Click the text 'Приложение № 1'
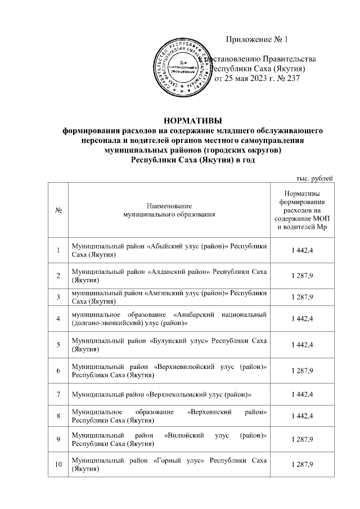(x=256, y=39)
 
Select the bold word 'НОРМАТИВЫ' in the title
(x=192, y=120)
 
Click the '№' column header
(x=58, y=210)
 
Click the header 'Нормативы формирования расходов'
(x=302, y=210)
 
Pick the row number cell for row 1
(x=58, y=251)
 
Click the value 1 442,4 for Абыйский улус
(x=302, y=251)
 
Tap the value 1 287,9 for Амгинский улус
(x=302, y=296)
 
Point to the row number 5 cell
(x=58, y=345)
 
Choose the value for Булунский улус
(x=302, y=345)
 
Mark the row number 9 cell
(x=58, y=439)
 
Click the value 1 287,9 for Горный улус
(x=302, y=464)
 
